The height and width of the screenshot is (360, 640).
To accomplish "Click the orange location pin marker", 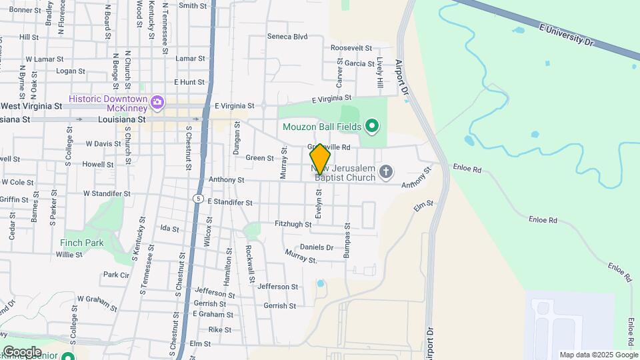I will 321,159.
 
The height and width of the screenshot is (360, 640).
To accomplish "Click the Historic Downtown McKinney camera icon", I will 158,102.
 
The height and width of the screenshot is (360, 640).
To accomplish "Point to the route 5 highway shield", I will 198,199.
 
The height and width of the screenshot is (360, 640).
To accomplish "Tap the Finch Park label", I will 81,243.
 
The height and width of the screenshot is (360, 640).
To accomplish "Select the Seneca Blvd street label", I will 287,37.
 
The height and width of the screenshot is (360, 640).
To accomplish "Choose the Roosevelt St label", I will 351,48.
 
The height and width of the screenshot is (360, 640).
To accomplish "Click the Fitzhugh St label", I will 293,225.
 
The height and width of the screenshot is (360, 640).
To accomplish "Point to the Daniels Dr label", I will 317,247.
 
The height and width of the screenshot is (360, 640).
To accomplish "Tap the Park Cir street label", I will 116,275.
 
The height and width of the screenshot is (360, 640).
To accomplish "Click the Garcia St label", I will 359,63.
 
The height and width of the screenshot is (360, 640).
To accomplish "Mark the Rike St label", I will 219,329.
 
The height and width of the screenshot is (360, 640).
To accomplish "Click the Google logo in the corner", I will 22,351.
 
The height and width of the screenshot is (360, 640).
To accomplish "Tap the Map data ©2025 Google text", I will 599,355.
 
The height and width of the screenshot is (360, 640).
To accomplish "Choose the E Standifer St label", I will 230,201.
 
